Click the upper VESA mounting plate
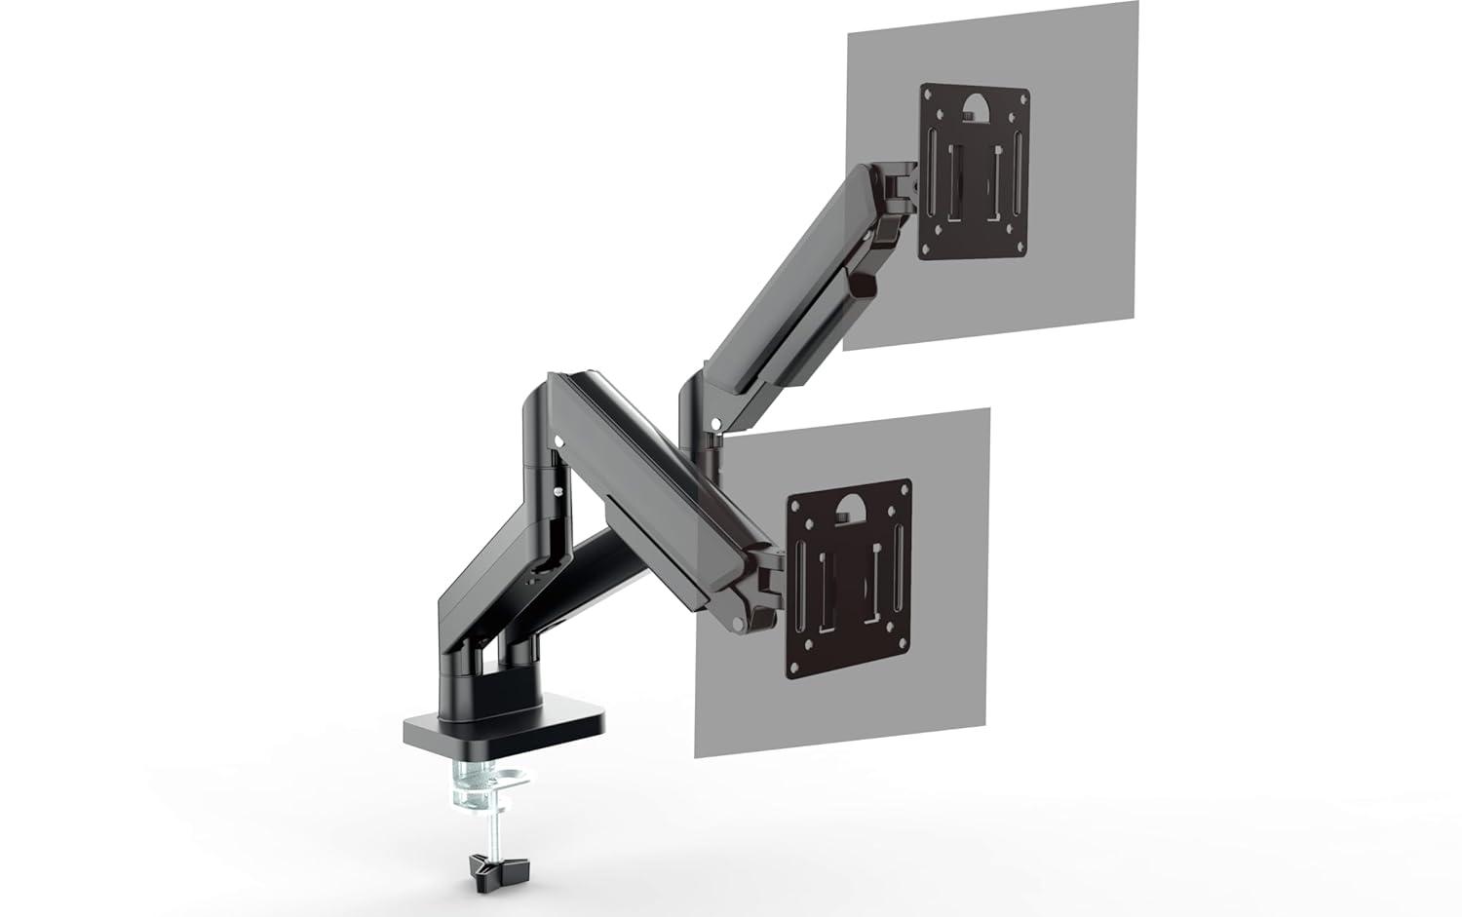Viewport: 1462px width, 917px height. click(975, 172)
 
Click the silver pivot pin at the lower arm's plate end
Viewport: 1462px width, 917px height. click(741, 622)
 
